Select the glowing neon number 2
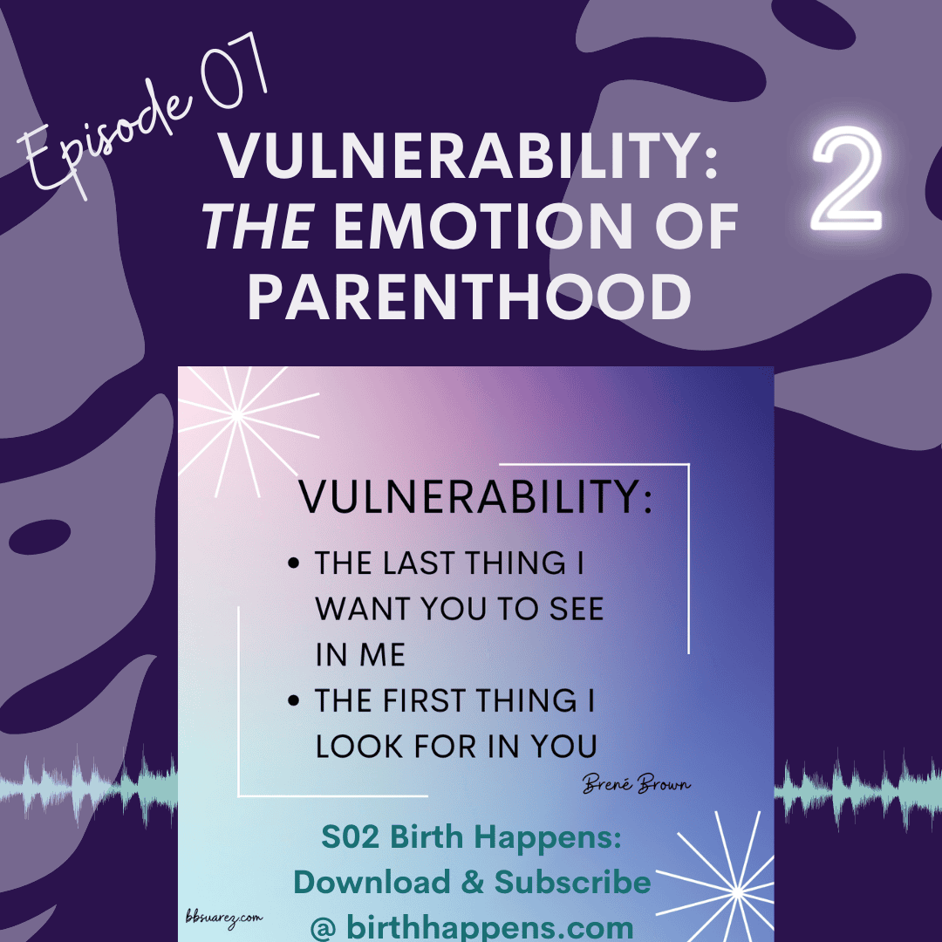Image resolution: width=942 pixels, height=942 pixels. [847, 179]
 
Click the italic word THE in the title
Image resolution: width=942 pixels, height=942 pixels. [259, 226]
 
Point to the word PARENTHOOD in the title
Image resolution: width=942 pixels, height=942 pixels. [470, 297]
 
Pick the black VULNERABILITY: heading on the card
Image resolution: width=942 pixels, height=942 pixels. [475, 497]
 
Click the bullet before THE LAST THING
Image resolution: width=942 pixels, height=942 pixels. [293, 563]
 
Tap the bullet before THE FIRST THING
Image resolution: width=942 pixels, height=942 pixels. [293, 700]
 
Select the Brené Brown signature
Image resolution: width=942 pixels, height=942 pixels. [636, 783]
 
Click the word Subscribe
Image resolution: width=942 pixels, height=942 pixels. [572, 883]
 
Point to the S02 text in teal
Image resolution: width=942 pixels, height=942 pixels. [351, 836]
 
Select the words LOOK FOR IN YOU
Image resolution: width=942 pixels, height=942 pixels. [456, 747]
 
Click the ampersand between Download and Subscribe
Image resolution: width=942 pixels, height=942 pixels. [473, 883]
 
